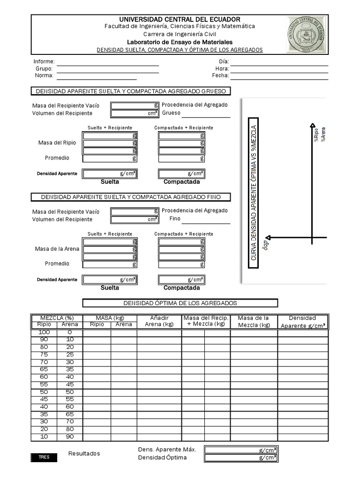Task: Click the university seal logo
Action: [307, 35]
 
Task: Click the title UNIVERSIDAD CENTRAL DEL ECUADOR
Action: [180, 19]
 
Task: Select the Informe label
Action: [44, 62]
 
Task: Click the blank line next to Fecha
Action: [279, 75]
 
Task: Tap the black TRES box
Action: [44, 457]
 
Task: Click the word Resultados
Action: [84, 453]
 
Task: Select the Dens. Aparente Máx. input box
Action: [241, 450]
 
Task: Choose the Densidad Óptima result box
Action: [241, 457]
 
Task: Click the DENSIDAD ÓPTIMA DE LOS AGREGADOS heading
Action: [180, 303]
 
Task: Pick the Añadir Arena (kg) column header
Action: [159, 321]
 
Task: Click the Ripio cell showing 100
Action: [44, 332]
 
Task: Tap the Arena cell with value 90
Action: [70, 437]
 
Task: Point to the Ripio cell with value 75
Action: [44, 354]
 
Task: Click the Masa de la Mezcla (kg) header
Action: [254, 321]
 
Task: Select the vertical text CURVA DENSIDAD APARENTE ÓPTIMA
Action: [254, 192]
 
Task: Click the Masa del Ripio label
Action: [54, 142]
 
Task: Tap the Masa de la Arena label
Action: [57, 248]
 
